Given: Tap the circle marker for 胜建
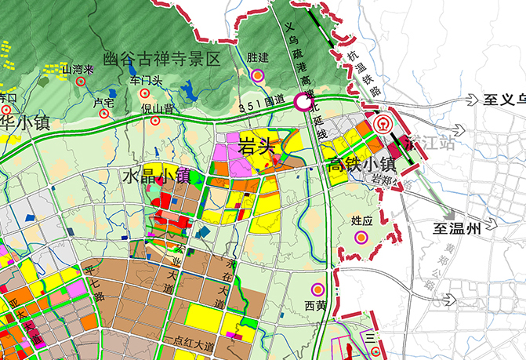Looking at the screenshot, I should point(258,75).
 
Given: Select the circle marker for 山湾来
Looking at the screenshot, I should point(80,81).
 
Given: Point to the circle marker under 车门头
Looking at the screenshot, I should point(146,93).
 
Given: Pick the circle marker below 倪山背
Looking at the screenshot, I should point(154,121).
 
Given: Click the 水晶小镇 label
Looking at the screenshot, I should point(155,175).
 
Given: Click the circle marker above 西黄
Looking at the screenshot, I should point(317,289).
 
